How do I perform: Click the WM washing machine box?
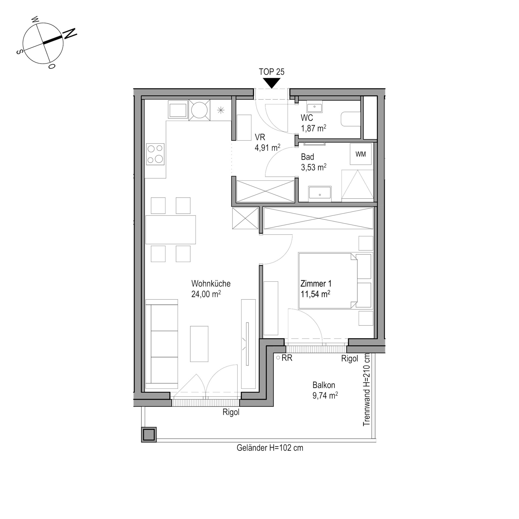coord(361,154)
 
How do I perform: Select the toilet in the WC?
coord(351,119)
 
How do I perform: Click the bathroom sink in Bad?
coord(320,194)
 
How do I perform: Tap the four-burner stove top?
coord(155,154)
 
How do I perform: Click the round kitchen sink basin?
coord(199,110)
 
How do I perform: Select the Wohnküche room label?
coord(211,284)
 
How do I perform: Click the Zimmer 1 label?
coord(316,284)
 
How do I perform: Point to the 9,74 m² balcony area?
coord(325,396)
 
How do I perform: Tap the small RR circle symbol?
coord(278,358)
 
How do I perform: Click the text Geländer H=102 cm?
coord(270,448)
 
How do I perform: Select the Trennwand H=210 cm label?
coord(367,390)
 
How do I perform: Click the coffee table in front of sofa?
coord(199,344)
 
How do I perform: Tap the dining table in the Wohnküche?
coord(171,230)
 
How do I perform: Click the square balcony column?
coord(149,435)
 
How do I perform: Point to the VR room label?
coord(260,137)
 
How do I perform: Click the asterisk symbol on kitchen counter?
coord(221,110)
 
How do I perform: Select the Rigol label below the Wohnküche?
coord(231,412)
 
